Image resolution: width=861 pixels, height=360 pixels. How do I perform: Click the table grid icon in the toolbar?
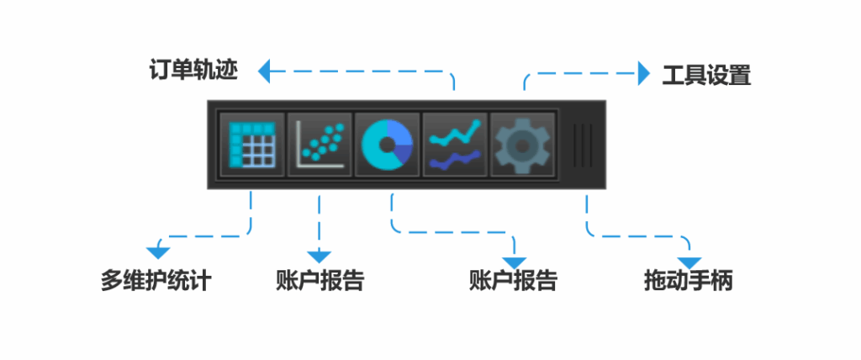252,145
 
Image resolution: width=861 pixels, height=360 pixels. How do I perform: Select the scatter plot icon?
320,145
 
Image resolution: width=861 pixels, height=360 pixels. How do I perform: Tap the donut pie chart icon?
388,145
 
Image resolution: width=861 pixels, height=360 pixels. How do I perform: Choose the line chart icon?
455,145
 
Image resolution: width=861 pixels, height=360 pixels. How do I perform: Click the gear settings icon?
522,145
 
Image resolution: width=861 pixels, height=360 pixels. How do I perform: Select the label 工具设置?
706,76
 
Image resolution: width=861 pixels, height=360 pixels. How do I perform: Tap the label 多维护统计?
156,280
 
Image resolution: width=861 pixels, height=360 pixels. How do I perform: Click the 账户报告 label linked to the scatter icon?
320,280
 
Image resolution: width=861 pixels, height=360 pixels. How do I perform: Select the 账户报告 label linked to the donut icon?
513,280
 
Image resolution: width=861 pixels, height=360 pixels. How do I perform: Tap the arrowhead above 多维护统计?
157,252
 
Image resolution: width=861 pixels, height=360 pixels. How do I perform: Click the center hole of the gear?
522,146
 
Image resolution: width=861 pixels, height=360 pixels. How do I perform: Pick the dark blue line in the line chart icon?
455,159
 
